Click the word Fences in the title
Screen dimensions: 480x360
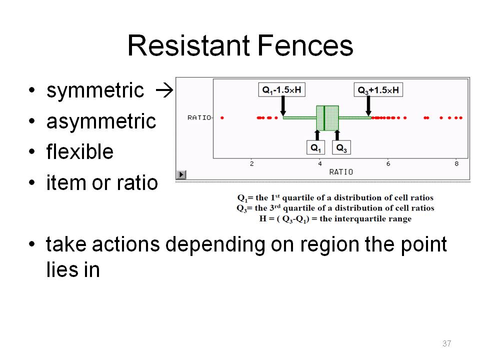305,45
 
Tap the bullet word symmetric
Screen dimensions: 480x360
95,90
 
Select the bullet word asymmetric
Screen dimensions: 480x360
101,121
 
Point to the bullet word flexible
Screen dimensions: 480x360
80,151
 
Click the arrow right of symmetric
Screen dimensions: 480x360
164,90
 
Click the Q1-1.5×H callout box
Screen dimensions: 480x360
281,89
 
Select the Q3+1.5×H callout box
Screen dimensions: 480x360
378,89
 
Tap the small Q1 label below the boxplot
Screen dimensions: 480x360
315,147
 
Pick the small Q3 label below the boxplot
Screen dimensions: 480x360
341,147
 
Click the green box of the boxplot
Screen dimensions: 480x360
327,118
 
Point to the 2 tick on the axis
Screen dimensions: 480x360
251,163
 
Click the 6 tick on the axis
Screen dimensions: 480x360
388,163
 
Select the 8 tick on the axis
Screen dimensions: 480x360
456,163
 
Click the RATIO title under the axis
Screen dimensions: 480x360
341,172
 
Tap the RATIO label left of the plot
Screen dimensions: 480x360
199,117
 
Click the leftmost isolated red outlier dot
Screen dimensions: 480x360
222,118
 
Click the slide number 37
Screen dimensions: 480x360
446,343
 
